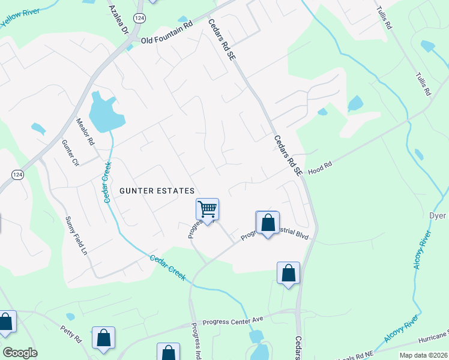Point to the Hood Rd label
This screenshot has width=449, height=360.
click(x=320, y=168)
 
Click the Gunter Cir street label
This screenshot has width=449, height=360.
click(x=70, y=153)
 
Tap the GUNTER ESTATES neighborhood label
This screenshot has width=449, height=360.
click(x=157, y=191)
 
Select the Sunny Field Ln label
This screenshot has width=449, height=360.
click(x=76, y=236)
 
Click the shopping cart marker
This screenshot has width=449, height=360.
click(x=207, y=209)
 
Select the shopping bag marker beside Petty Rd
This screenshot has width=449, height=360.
click(x=103, y=338)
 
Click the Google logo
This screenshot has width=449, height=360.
click(x=20, y=353)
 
